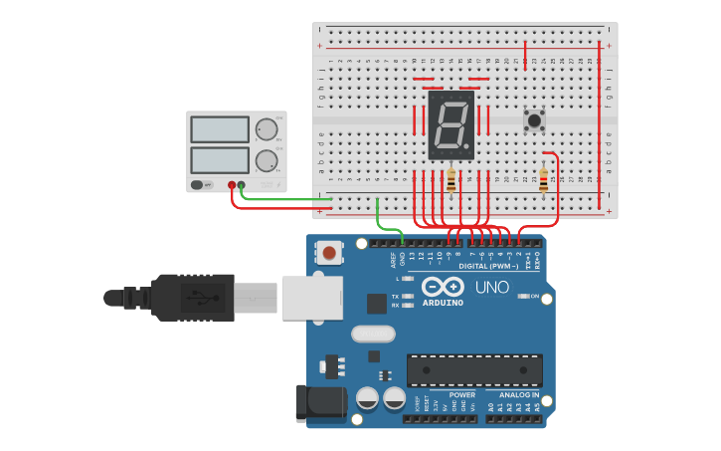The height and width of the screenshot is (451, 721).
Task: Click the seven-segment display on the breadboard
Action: [x=449, y=125]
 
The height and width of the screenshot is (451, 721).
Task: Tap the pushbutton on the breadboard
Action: [x=534, y=120]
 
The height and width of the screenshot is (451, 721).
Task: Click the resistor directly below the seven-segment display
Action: [x=451, y=180]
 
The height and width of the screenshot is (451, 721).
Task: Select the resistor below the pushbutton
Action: [x=543, y=180]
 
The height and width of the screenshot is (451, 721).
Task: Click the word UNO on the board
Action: [x=491, y=287]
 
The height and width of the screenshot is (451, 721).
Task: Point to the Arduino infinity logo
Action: [x=443, y=287]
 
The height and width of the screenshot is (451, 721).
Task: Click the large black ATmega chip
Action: [x=474, y=370]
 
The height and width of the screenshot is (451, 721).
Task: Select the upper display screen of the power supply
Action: [x=219, y=129]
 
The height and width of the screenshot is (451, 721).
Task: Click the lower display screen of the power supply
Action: [x=219, y=159]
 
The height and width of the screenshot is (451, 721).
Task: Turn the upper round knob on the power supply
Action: [x=267, y=129]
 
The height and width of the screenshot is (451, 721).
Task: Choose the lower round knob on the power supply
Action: [x=267, y=160]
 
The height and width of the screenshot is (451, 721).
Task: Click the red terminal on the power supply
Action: [x=232, y=185]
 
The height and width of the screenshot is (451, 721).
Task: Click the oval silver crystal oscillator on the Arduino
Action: [x=373, y=334]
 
